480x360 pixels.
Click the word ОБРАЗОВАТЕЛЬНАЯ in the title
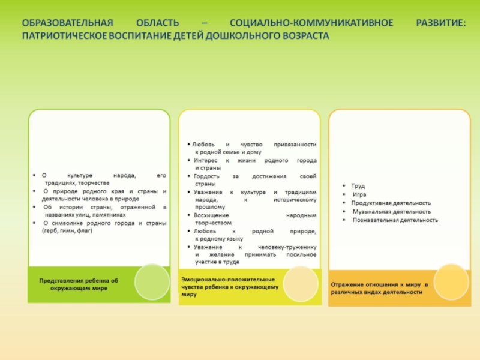[67, 23]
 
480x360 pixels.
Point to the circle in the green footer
[151, 281]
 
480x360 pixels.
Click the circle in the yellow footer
[300, 284]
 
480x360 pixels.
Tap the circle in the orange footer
[451, 281]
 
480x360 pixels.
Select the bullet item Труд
[358, 186]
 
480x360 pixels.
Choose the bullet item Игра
[359, 194]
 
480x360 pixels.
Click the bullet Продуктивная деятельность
[391, 203]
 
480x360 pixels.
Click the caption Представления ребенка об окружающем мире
[79, 284]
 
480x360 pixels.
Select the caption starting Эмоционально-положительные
[230, 287]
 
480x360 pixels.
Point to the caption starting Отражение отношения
[380, 287]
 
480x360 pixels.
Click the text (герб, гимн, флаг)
[67, 230]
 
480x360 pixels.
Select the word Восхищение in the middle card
[209, 215]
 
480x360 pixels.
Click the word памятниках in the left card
[109, 214]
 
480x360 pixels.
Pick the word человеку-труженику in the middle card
[289, 247]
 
